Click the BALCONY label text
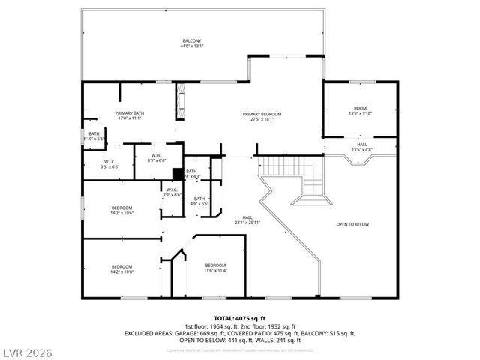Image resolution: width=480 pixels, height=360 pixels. coord(192,40)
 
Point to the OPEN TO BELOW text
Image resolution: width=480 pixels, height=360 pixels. coord(352,224)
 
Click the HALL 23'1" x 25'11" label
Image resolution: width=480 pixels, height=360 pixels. coord(247,220)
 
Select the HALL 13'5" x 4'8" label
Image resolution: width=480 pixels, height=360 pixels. coord(361,146)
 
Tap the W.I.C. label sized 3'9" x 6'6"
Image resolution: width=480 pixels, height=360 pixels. coord(172,193)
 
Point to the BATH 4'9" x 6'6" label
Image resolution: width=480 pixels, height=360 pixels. coord(199,201)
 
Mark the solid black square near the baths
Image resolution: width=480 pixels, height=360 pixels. coord(177,173)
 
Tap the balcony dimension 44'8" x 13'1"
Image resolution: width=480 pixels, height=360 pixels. coord(192,46)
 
